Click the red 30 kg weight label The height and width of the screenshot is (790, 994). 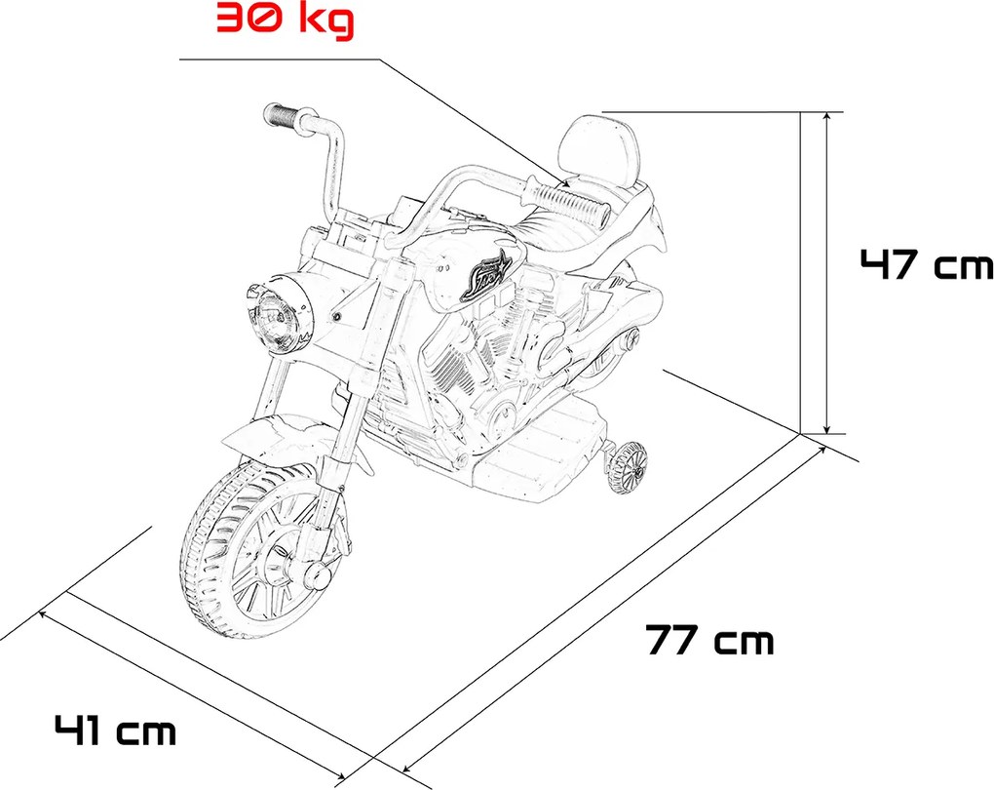(x=285, y=20)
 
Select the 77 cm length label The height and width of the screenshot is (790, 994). (x=710, y=640)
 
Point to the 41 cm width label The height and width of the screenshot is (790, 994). (x=115, y=731)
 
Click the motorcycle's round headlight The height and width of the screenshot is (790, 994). (x=278, y=317)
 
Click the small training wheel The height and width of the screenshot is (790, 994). (x=627, y=470)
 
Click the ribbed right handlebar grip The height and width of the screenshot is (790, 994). (x=567, y=203)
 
